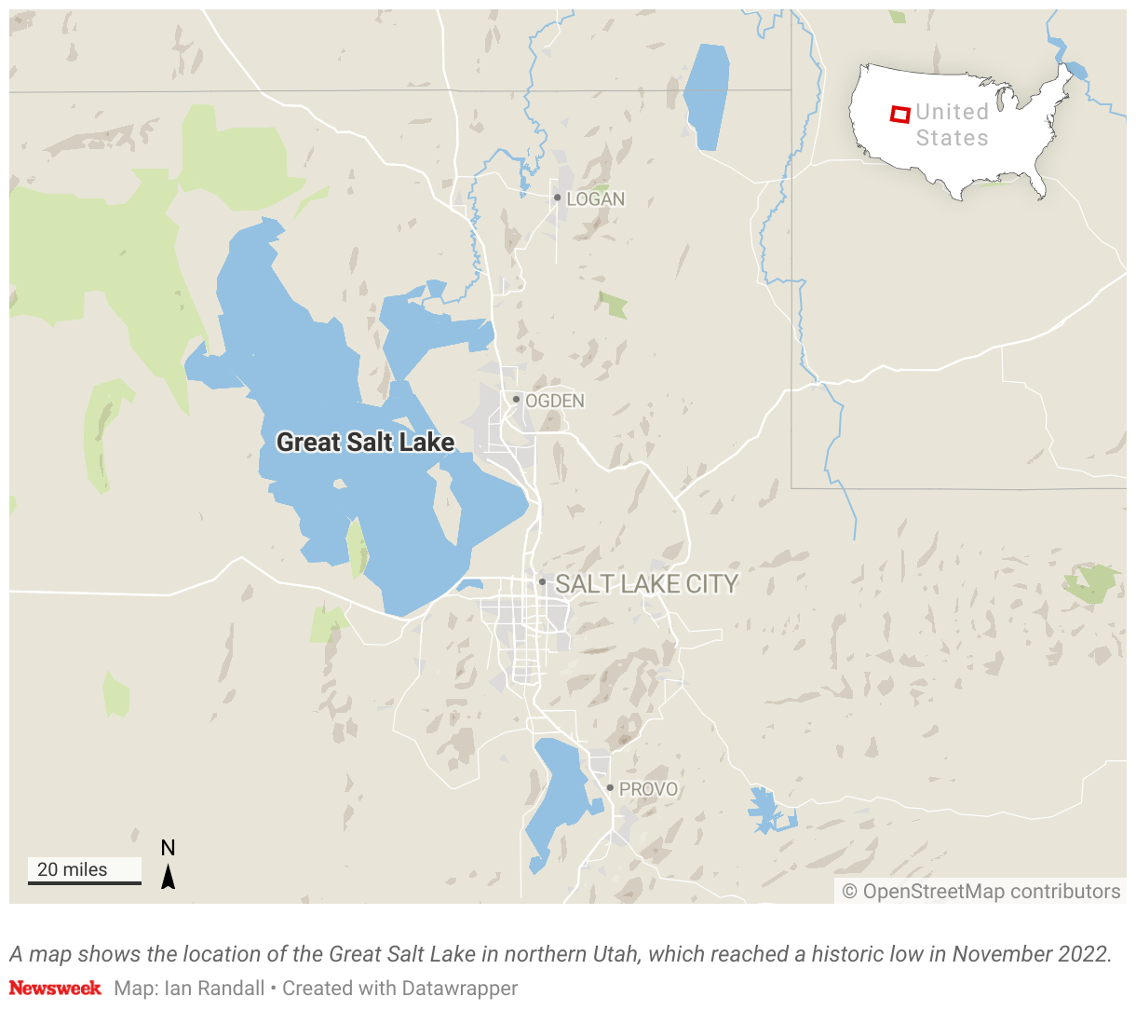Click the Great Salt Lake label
coord(365,442)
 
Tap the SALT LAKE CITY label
coord(646,584)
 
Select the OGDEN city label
coord(555,401)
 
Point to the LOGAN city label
coord(596,199)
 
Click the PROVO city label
coord(648,789)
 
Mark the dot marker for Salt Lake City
coord(542,581)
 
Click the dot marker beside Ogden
coord(516,399)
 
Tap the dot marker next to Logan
coord(557,198)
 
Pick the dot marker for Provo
coord(610,788)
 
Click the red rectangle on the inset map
coord(899,115)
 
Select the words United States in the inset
coord(952,125)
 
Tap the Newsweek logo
coord(55,988)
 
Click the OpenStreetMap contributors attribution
coord(981,892)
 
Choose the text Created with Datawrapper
coord(399,988)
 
